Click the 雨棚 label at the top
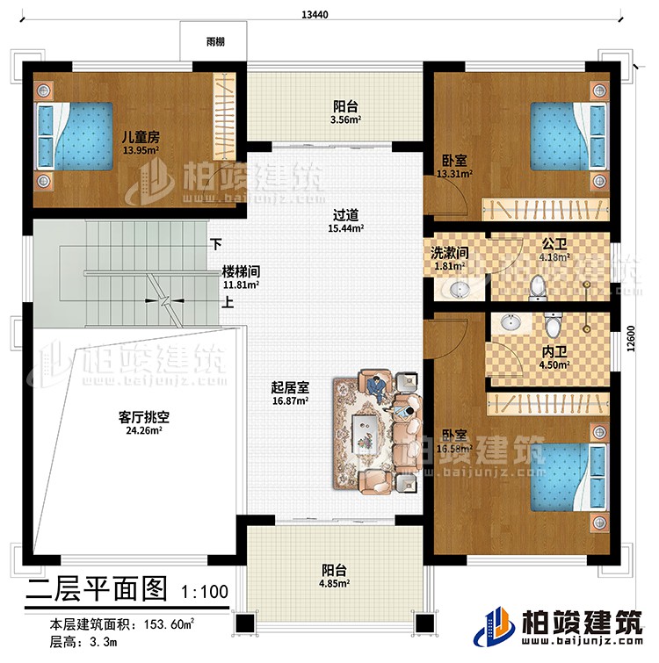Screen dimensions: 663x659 [214, 40]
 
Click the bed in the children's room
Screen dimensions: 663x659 [75, 137]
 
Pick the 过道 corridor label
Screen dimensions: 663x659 [344, 213]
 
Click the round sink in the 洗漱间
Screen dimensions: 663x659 [459, 289]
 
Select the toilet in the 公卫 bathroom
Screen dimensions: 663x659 [540, 286]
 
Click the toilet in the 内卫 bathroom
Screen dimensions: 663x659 [552, 327]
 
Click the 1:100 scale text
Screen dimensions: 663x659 [208, 591]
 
